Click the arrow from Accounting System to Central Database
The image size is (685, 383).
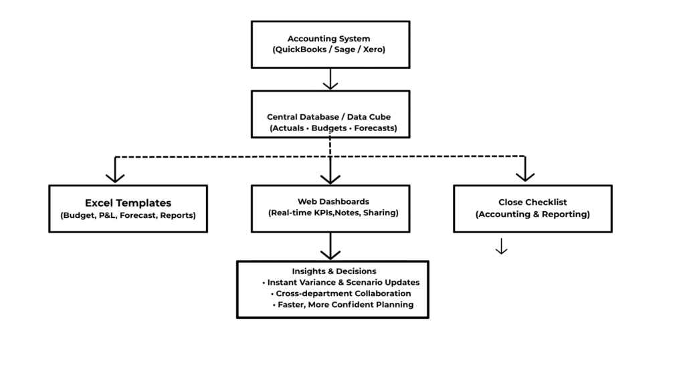[330, 80]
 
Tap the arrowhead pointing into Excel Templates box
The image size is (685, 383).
[116, 176]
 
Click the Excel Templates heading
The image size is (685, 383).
[128, 203]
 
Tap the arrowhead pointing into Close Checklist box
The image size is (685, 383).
[525, 176]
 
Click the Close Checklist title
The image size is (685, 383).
[532, 202]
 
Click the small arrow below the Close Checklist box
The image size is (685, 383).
[501, 247]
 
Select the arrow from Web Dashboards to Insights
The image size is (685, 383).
[330, 247]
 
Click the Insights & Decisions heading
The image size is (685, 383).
[334, 271]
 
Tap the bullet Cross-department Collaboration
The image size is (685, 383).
[344, 293]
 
